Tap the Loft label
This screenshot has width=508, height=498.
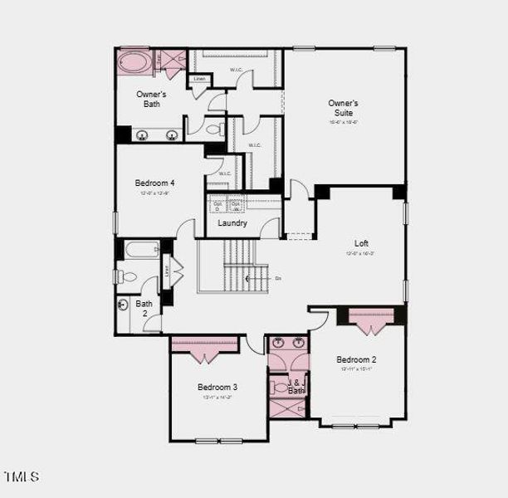tap(361, 243)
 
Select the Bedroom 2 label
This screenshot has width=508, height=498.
tap(357, 359)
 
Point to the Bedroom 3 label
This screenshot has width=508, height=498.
tap(217, 387)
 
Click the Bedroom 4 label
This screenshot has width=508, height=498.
tap(154, 183)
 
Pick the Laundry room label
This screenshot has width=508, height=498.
tap(232, 223)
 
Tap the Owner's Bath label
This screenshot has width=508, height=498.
tap(151, 100)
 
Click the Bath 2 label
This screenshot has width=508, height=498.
tap(144, 308)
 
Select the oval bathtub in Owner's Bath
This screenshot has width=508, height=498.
tap(134, 62)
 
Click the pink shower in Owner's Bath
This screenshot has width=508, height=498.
tap(173, 62)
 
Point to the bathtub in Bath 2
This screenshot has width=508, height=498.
tap(142, 250)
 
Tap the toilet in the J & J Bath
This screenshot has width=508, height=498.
tap(279, 387)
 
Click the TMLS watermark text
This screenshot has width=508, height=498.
tap(22, 476)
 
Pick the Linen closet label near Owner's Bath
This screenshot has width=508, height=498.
tap(198, 80)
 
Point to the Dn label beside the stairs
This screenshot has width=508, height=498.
tap(277, 278)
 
